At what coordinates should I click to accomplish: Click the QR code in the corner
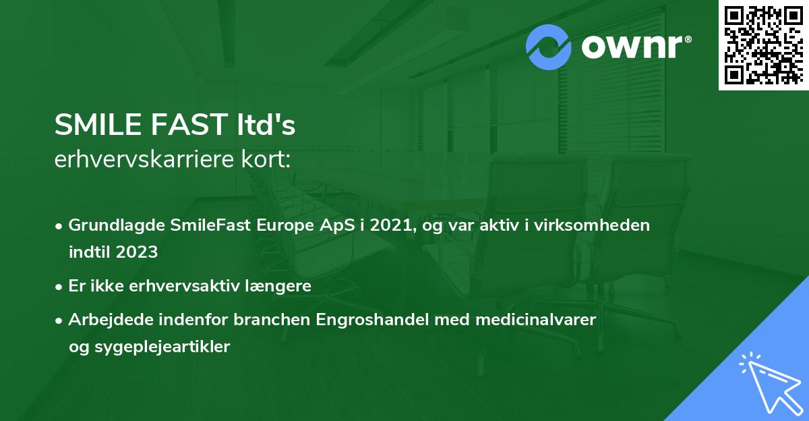763,45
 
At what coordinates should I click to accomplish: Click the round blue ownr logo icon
549,47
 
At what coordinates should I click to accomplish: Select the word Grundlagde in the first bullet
110,225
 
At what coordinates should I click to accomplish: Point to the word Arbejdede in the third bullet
107,320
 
